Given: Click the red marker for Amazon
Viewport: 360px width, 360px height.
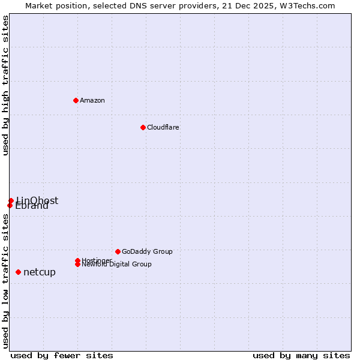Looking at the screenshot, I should tap(76, 100).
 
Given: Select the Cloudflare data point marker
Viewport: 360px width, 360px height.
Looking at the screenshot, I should tap(143, 127).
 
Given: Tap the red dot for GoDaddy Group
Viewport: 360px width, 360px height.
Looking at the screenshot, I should tap(118, 251).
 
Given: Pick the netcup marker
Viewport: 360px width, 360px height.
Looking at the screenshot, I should tap(18, 272).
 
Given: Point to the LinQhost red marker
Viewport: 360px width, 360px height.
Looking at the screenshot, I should tap(11, 200).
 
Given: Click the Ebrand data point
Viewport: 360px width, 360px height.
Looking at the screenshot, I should tap(10, 205).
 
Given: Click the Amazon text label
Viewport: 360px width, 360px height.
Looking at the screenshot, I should tap(92, 100).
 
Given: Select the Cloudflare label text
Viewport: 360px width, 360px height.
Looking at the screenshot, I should tap(163, 127).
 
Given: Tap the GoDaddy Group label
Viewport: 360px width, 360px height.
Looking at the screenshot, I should tap(147, 251).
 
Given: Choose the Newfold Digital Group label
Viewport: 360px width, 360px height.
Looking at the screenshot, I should tap(117, 265).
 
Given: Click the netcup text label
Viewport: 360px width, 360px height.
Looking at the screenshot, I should tap(40, 272).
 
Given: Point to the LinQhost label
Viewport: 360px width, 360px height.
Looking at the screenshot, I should tap(37, 200).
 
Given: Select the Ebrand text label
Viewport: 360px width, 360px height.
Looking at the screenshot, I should tap(32, 206).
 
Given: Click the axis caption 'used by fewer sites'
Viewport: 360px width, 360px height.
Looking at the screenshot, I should tap(62, 355).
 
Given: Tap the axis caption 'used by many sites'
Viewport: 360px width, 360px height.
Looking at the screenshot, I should tap(301, 355).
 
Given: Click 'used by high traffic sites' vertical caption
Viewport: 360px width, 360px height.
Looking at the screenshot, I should tap(5, 85).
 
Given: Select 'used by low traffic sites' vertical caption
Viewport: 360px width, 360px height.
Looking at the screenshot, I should tap(5, 281).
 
